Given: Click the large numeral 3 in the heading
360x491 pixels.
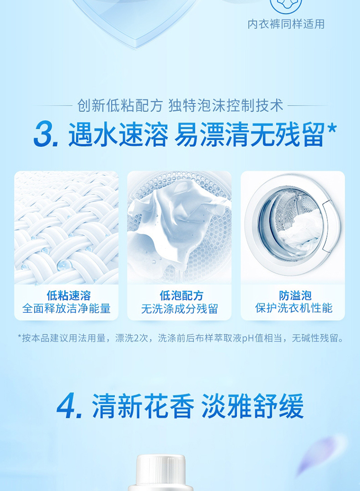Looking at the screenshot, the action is click(x=45, y=135).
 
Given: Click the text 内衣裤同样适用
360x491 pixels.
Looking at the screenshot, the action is click(x=286, y=24).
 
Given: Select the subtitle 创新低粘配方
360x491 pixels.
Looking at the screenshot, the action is click(x=120, y=106).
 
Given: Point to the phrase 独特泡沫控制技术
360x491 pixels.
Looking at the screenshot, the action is click(x=226, y=106).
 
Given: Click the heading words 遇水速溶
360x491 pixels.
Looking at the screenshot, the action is click(x=118, y=135).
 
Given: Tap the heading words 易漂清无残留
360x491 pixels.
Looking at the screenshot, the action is click(x=249, y=135).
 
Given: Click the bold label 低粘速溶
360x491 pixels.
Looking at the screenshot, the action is click(x=69, y=295).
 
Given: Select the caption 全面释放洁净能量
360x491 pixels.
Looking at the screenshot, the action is click(x=66, y=308).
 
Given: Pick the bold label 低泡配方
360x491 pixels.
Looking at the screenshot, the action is click(x=181, y=295).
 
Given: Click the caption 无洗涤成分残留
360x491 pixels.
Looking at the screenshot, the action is click(x=180, y=309).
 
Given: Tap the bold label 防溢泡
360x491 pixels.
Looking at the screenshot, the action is click(x=295, y=295).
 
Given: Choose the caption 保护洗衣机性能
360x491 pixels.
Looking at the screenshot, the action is click(x=294, y=308).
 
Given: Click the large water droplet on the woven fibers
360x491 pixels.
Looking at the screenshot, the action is click(x=64, y=265).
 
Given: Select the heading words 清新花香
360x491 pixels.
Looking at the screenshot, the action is click(x=143, y=406).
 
